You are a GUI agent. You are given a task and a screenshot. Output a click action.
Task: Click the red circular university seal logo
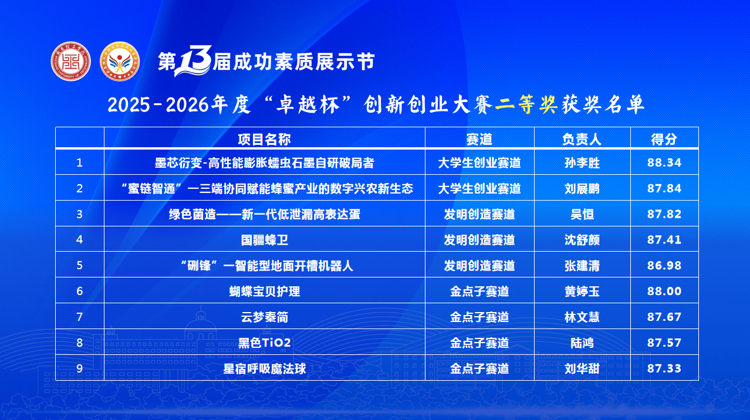point(70,61)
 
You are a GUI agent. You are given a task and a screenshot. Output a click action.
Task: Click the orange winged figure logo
point(120,61)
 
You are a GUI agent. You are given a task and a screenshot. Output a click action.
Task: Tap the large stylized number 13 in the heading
point(193,60)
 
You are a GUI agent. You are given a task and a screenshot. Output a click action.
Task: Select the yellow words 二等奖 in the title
point(526,104)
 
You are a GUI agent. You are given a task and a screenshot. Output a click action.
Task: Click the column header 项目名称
point(264,139)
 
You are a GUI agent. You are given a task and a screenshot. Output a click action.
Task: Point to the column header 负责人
point(582,139)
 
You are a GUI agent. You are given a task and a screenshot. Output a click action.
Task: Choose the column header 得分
point(664,139)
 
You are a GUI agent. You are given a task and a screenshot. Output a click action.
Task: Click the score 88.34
point(664,162)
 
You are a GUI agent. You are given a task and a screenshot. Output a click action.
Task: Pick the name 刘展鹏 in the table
point(582,189)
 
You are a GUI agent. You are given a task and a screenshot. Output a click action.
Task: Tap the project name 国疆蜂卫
point(265,240)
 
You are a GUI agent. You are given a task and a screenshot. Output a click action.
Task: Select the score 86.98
point(664,266)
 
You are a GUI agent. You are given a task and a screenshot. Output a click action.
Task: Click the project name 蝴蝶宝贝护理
point(265,292)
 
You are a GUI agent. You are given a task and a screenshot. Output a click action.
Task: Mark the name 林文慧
point(582,317)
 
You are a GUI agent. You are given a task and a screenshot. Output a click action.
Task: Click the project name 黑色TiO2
point(265,343)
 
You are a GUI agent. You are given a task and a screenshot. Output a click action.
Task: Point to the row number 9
point(79,368)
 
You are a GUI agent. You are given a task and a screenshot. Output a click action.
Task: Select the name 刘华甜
point(582,369)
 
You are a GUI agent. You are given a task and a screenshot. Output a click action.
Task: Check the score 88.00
point(664,291)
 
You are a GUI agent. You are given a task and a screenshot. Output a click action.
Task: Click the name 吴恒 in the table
point(582,214)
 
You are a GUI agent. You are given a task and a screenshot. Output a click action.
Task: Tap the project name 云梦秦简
point(265,317)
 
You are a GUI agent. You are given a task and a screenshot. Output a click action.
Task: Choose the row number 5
point(79,265)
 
